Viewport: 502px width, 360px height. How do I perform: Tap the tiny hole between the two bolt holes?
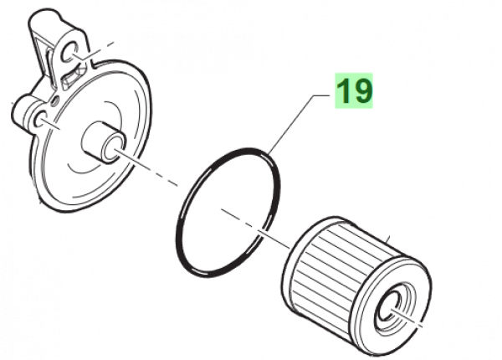(56, 99)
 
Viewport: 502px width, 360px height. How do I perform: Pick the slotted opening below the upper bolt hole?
(67, 80)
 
